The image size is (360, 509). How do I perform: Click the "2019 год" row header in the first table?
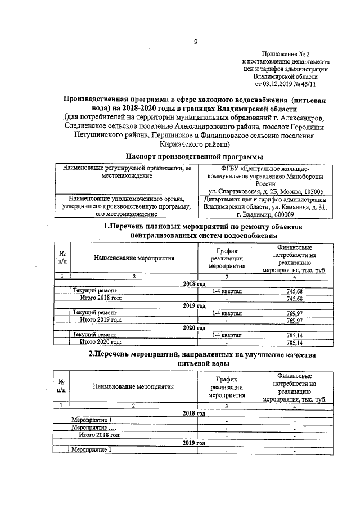[x=195, y=305]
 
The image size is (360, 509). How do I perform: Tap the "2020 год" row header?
[x=195, y=327]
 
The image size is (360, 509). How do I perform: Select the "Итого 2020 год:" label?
[x=101, y=341]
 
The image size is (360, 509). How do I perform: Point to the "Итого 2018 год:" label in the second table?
[x=101, y=435]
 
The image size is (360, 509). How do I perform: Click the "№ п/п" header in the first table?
[x=63, y=258]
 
